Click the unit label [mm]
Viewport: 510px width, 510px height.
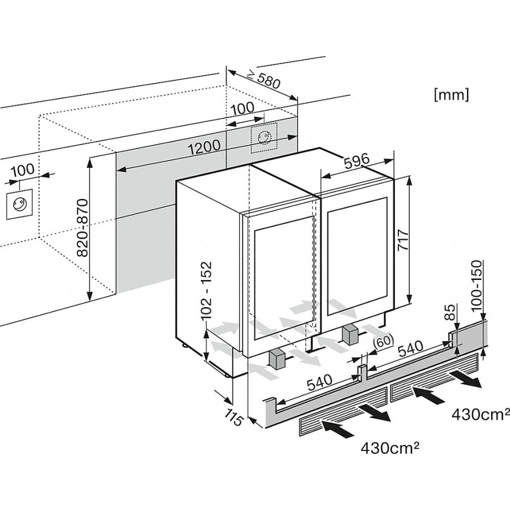pos(451,95)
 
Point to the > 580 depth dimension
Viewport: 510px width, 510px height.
pos(263,81)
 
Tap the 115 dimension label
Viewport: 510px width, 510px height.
pos(234,417)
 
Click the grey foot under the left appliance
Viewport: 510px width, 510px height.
pos(277,358)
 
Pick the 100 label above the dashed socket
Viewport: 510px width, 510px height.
pos(242,108)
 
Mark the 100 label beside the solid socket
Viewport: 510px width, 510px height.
pos(22,169)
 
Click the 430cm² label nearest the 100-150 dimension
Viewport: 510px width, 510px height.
pos(479,415)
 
